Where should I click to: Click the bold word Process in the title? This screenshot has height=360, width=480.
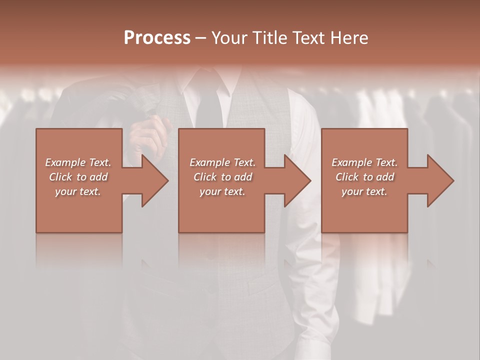pyautogui.click(x=157, y=38)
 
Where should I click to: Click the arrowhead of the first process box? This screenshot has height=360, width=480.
pyautogui.click(x=155, y=180)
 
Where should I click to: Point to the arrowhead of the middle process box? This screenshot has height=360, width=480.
pyautogui.click(x=298, y=180)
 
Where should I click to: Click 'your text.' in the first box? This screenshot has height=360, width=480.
pyautogui.click(x=78, y=191)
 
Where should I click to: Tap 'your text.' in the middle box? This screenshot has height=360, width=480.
pyautogui.click(x=222, y=191)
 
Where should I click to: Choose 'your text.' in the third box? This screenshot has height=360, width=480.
pyautogui.click(x=364, y=191)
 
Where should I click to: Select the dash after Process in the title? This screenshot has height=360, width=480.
pyautogui.click(x=200, y=38)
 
